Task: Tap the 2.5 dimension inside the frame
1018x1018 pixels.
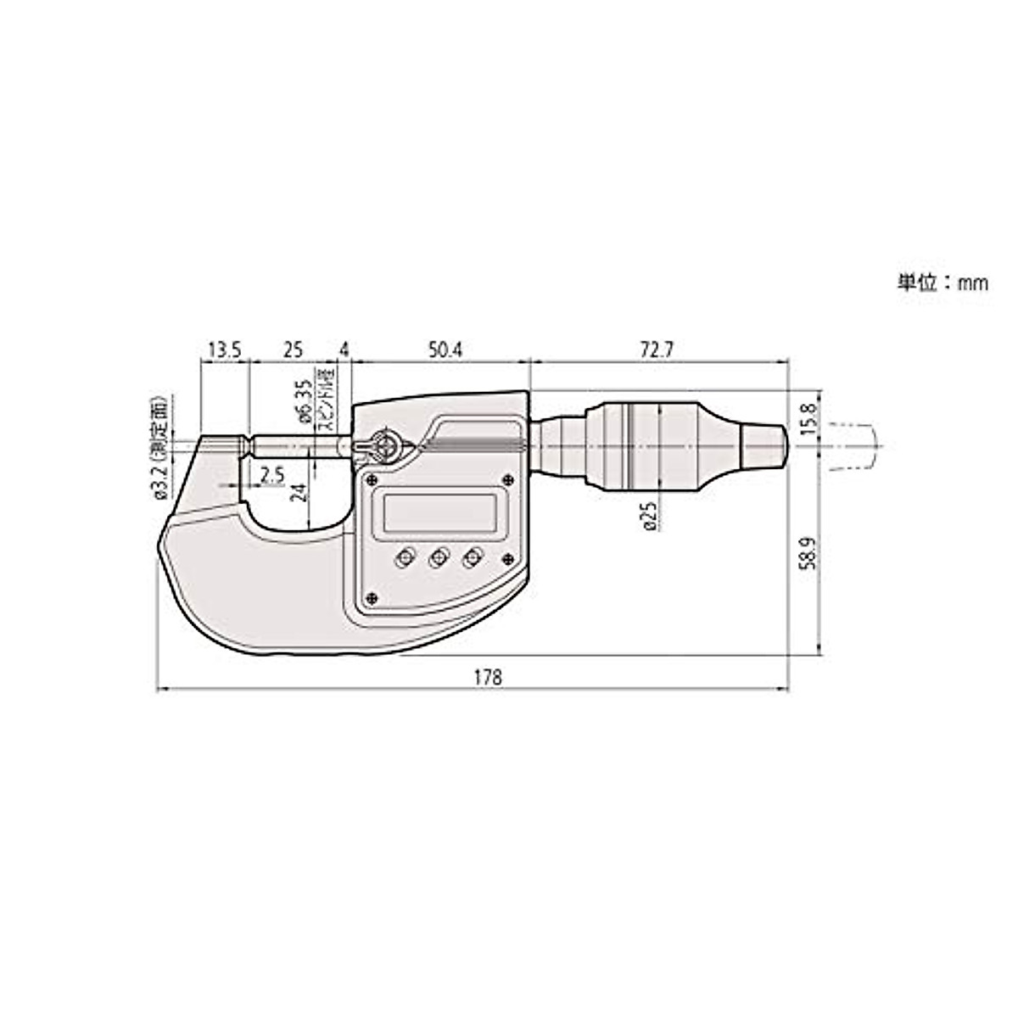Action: coord(272,475)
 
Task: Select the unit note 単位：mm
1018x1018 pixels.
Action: coord(942,283)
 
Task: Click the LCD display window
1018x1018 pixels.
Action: coord(439,512)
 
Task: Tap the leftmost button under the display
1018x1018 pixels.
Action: coord(404,557)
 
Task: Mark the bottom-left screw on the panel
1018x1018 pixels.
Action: coord(371,597)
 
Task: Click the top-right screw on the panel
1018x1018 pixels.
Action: coord(507,477)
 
